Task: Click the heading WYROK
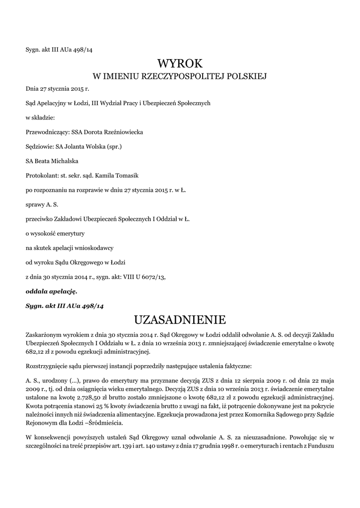(180, 63)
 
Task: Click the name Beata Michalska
(56, 161)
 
